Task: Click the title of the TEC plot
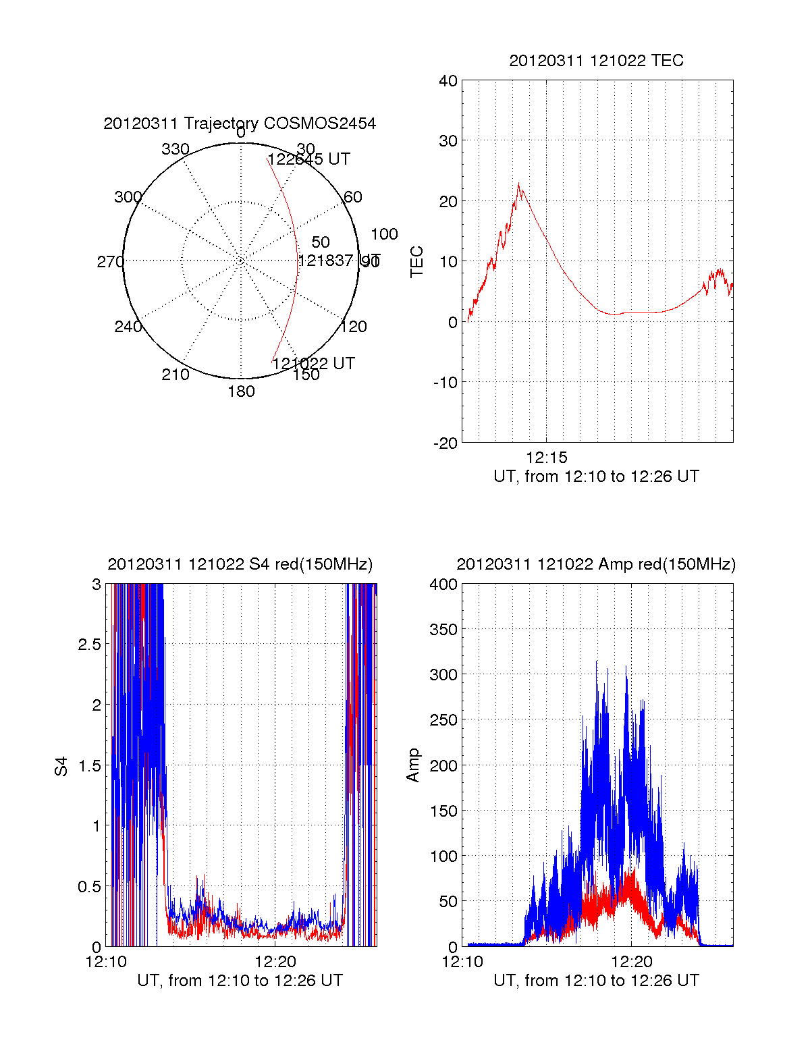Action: pyautogui.click(x=596, y=61)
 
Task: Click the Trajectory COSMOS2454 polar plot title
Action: pyautogui.click(x=240, y=124)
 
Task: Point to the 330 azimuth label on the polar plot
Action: pyautogui.click(x=175, y=149)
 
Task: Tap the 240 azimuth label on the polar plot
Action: pyautogui.click(x=128, y=327)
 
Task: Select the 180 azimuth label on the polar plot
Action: pyautogui.click(x=241, y=391)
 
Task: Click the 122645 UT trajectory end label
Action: pyautogui.click(x=309, y=159)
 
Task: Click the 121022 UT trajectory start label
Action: pyautogui.click(x=313, y=363)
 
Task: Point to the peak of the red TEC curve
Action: pyautogui.click(x=518, y=184)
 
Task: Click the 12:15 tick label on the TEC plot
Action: pyautogui.click(x=546, y=458)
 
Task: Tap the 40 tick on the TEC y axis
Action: pyautogui.click(x=448, y=81)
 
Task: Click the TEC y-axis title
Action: pyautogui.click(x=417, y=262)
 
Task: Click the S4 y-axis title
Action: pyautogui.click(x=61, y=766)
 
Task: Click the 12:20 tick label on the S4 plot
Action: pyautogui.click(x=275, y=962)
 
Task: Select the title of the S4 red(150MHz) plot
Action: pyautogui.click(x=240, y=564)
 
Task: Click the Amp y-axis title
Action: pyautogui.click(x=413, y=765)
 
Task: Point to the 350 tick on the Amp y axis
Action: pyautogui.click(x=443, y=630)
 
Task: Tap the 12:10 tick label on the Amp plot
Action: pyautogui.click(x=462, y=962)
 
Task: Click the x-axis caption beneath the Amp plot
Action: pyautogui.click(x=596, y=981)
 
